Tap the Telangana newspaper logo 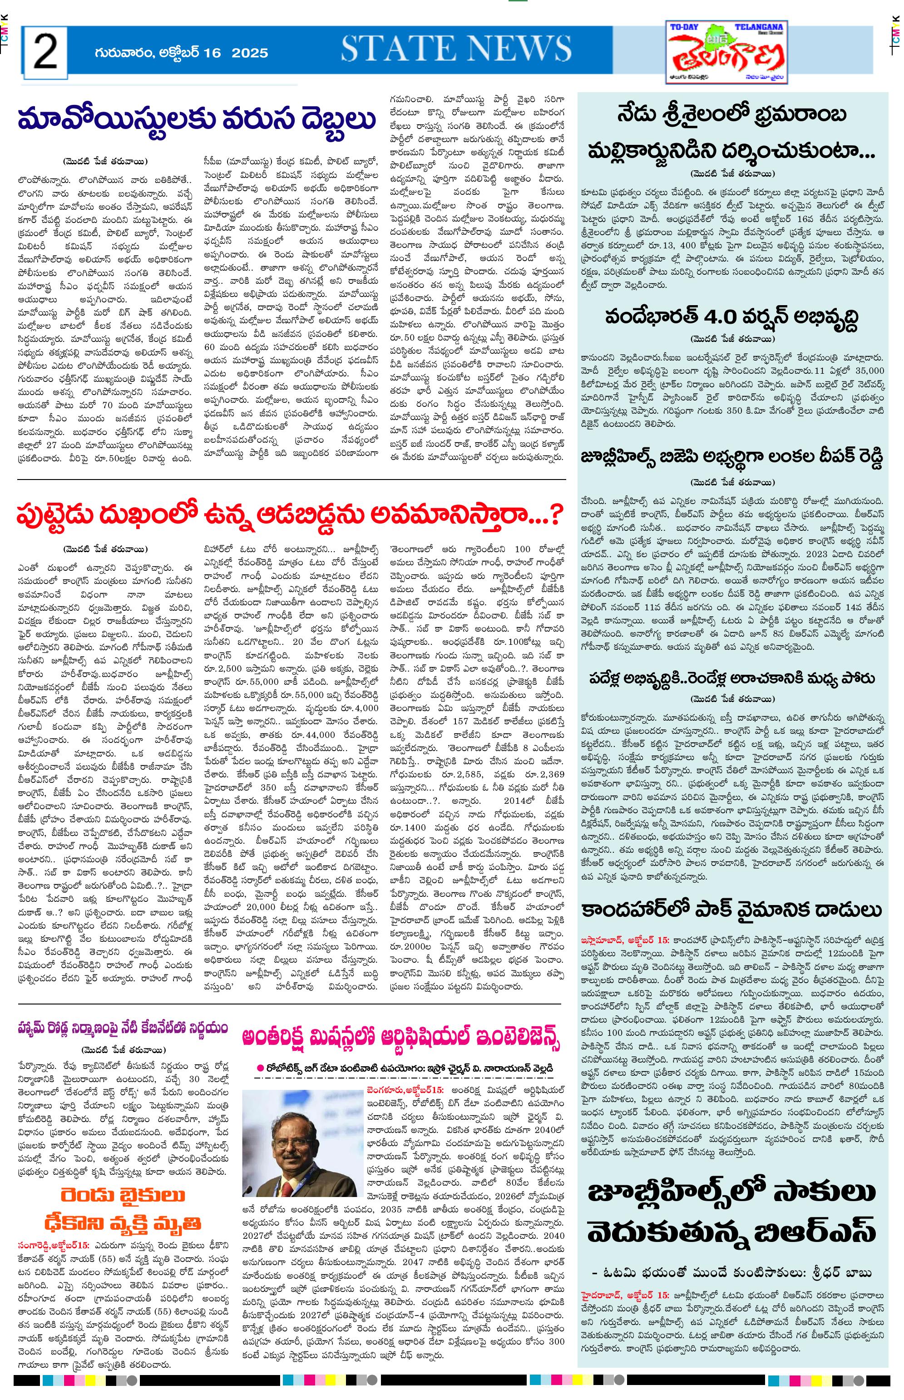pyautogui.click(x=728, y=52)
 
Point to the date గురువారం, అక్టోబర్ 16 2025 pyautogui.click(x=181, y=53)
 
